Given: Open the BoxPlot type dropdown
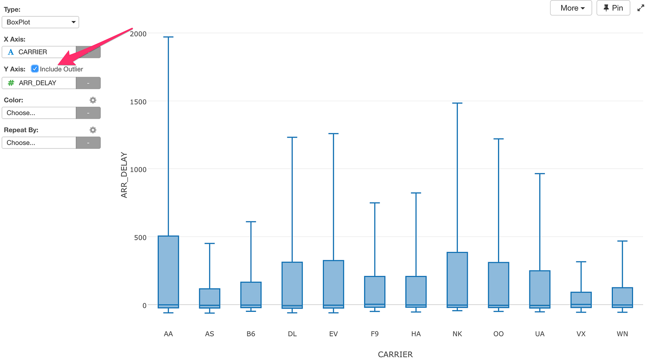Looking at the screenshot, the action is [40, 22].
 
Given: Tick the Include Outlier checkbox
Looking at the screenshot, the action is [35, 69].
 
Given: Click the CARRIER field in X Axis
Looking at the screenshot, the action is [39, 52].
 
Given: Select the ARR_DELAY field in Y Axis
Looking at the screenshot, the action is [39, 83].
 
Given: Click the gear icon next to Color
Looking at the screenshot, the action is [93, 100].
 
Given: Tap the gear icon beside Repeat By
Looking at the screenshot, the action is [93, 130].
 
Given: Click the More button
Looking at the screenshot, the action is [571, 8].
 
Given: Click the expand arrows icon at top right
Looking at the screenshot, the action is [640, 8].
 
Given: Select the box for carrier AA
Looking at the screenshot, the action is [168, 272].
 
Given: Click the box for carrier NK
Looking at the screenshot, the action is [457, 280].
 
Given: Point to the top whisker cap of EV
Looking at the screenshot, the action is [333, 134].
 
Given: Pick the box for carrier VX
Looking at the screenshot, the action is [581, 300].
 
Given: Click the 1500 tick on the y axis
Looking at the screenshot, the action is [138, 102].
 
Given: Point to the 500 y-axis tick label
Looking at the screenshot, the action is [140, 237].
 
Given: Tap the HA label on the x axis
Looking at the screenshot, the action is [416, 334].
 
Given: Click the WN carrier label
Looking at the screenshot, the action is [622, 334].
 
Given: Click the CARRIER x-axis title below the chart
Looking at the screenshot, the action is [395, 354].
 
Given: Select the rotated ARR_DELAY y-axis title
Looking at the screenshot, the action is [124, 175].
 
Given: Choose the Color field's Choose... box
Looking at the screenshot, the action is [39, 113].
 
